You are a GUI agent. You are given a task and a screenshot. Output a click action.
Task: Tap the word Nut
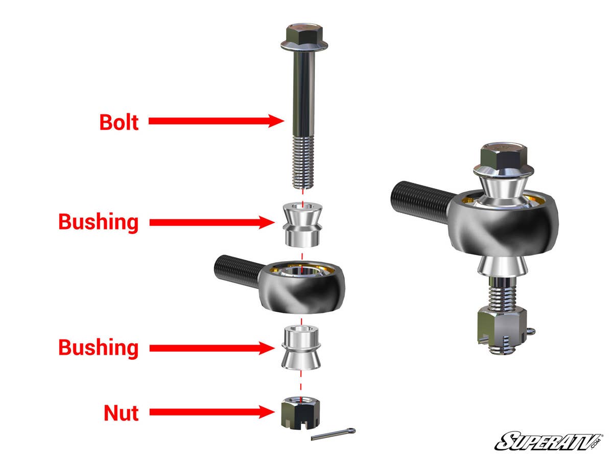click(x=121, y=412)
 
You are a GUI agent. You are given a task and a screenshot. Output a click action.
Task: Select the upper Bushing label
click(x=99, y=222)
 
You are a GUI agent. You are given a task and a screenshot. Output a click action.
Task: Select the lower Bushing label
click(x=99, y=348)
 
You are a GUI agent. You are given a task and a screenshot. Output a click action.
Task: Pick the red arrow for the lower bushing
click(x=209, y=348)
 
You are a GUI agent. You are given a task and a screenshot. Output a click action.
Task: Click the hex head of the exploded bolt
click(x=300, y=34)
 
